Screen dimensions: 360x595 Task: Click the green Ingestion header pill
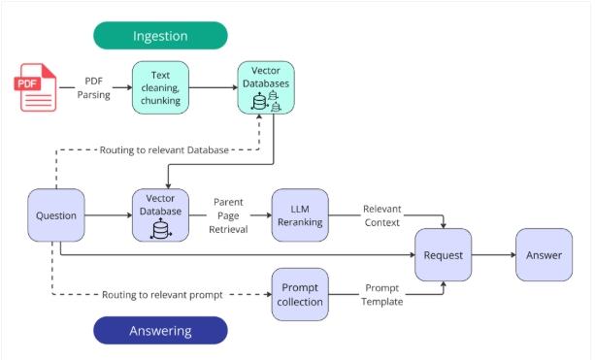pyautogui.click(x=160, y=36)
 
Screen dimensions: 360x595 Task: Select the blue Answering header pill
pyautogui.click(x=160, y=331)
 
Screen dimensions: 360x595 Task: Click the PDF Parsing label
pyautogui.click(x=94, y=86)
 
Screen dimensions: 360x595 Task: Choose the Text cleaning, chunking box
pyautogui.click(x=159, y=86)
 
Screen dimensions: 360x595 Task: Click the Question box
pyautogui.click(x=55, y=215)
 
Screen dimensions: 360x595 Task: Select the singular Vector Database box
pyautogui.click(x=160, y=215)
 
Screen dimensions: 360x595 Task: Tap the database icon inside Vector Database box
pyautogui.click(x=160, y=230)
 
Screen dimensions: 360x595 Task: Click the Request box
pyautogui.click(x=444, y=255)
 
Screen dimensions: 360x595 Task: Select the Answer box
pyautogui.click(x=544, y=255)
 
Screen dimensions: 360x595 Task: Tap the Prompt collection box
pyautogui.click(x=300, y=295)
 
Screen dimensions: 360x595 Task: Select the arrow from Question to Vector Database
pyautogui.click(x=108, y=215)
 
